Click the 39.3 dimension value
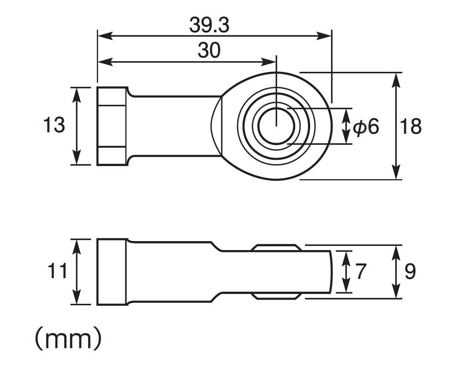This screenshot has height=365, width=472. click(x=209, y=26)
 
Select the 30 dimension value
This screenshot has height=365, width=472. click(x=209, y=51)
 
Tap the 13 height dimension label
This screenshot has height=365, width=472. click(x=54, y=125)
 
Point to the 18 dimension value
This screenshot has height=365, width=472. click(x=410, y=126)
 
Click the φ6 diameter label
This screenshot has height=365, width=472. click(x=366, y=126)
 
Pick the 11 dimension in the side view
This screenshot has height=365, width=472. click(x=57, y=272)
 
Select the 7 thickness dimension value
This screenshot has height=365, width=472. click(x=360, y=272)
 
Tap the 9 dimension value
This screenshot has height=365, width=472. click(x=410, y=272)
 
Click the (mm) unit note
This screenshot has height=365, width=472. click(x=68, y=339)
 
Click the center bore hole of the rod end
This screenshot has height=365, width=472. click(x=276, y=126)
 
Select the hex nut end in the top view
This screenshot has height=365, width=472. click(x=112, y=126)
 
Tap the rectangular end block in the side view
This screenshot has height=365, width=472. click(x=112, y=272)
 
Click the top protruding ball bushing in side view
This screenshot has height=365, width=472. click(x=276, y=248)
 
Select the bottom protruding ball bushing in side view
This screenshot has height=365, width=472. click(x=276, y=295)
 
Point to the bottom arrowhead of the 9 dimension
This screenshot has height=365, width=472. click(x=396, y=293)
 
